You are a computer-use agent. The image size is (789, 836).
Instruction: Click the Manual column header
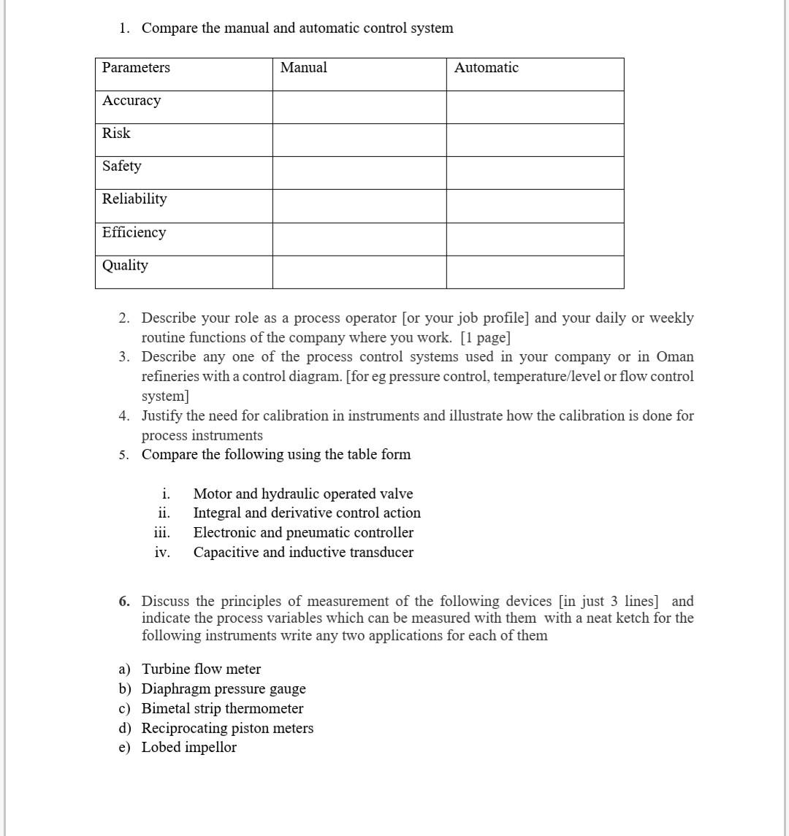point(303,68)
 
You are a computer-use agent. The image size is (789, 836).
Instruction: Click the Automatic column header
point(486,68)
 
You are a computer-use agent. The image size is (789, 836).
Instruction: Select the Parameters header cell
point(136,68)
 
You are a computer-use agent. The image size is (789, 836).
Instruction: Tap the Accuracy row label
point(131,101)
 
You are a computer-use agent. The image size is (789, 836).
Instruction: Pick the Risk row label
point(116,134)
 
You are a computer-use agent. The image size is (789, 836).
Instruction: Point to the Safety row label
point(122,166)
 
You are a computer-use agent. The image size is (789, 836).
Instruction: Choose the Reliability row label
point(134,199)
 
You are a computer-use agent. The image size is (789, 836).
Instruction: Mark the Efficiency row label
point(134,233)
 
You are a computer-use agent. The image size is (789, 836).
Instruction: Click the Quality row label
point(125,266)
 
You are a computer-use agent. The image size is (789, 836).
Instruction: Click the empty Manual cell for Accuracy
point(359,107)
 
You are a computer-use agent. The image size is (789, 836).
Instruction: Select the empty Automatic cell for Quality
point(535,272)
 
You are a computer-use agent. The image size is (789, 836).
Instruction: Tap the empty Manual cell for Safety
point(359,173)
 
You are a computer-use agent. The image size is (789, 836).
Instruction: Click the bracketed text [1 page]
point(485,338)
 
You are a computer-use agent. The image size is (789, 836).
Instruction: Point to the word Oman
point(675,357)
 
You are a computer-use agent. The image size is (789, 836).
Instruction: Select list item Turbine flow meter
point(201,670)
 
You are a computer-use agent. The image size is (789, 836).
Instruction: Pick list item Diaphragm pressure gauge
point(224,689)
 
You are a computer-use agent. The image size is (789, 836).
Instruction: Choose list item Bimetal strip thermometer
point(222,709)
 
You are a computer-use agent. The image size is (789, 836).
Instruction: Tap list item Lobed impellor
point(189,748)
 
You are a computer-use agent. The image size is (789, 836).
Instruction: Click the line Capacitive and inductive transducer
point(303,553)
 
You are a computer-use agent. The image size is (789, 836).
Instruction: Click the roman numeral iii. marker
point(161,533)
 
